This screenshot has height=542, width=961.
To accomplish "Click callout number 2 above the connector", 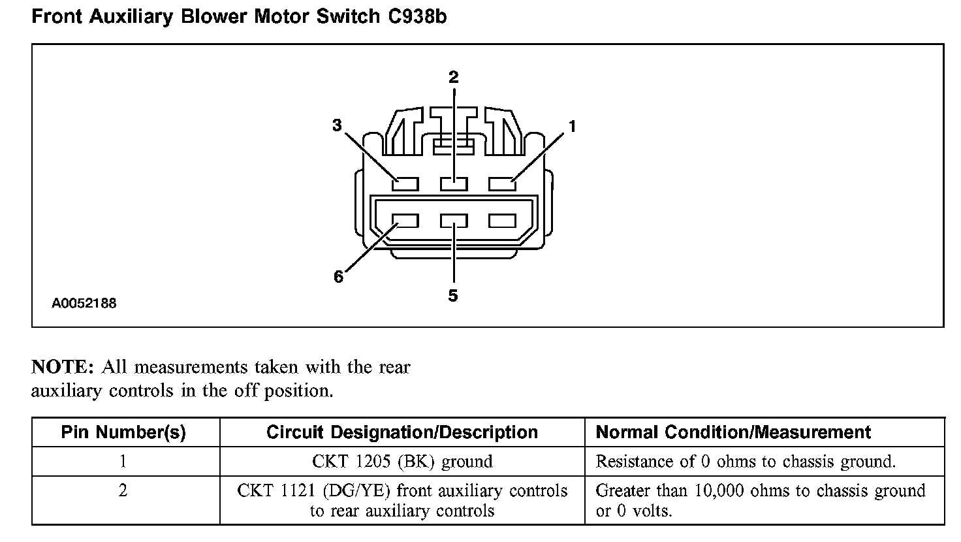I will click(x=453, y=77).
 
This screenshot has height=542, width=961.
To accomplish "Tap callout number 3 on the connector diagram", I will click(x=337, y=125).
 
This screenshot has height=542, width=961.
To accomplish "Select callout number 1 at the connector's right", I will click(x=573, y=127).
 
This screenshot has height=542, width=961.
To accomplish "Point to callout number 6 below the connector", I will click(x=338, y=277).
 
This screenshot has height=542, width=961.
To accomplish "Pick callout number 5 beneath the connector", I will click(x=453, y=296).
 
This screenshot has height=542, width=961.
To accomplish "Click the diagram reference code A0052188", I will click(x=84, y=303).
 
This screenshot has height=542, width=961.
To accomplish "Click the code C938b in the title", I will click(x=414, y=16).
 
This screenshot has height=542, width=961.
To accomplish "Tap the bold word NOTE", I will click(x=63, y=367).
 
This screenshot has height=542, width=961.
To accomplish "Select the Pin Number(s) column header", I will click(x=123, y=432).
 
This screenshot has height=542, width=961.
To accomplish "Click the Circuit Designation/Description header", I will click(x=402, y=432).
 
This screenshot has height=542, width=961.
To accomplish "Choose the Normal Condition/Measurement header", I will click(x=733, y=432).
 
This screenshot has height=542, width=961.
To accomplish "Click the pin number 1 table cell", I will click(x=123, y=462).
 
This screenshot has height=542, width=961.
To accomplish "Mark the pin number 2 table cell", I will click(x=123, y=491).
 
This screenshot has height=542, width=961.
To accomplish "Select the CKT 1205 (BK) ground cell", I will click(x=402, y=462).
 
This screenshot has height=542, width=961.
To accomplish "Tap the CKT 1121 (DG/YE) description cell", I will click(x=402, y=500).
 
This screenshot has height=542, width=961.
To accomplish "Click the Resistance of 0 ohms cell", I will click(x=746, y=462).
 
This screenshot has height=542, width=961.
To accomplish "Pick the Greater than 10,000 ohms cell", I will click(x=761, y=500).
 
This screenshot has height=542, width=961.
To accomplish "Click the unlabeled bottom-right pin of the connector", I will click(x=502, y=221).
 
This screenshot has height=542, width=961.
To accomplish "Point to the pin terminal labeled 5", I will click(x=454, y=221).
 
